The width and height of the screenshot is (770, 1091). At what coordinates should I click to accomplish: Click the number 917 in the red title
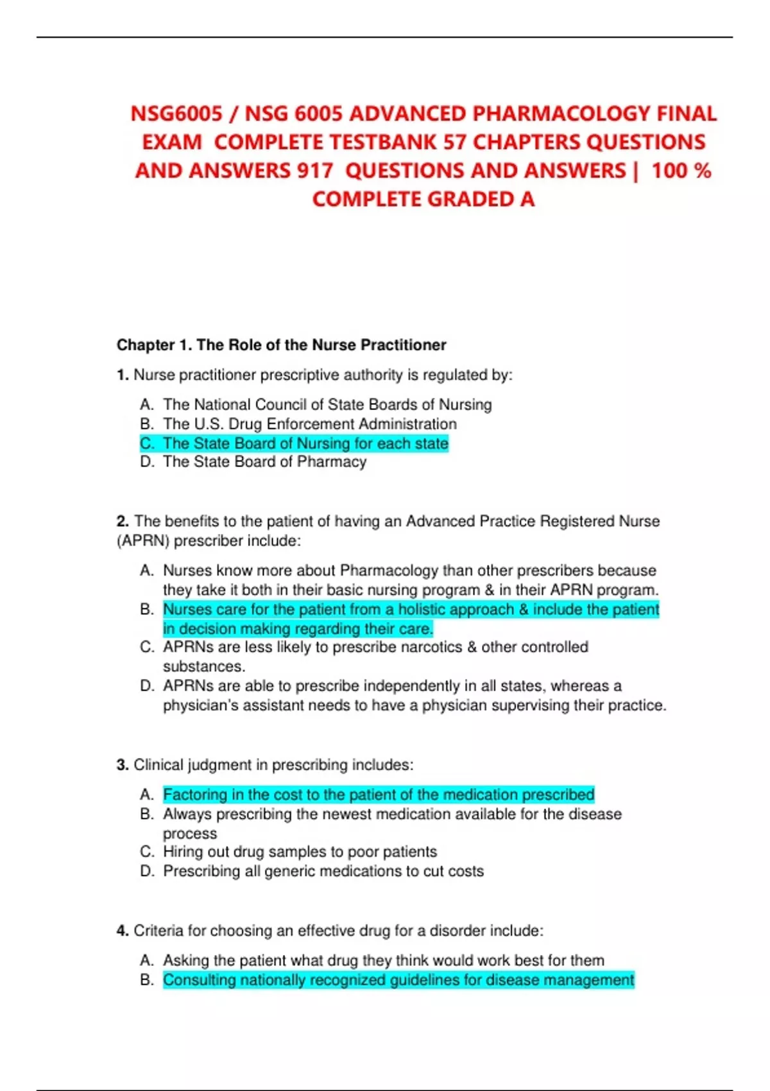tap(314, 171)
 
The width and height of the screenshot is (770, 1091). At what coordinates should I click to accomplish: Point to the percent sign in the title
tap(702, 171)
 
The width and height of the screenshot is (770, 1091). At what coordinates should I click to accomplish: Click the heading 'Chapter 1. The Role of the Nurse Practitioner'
tap(281, 345)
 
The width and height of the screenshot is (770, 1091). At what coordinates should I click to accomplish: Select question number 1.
tap(123, 375)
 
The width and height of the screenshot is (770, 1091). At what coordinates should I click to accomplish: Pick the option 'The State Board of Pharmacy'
tap(264, 462)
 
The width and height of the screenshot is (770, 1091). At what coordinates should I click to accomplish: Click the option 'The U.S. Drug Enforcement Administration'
tap(309, 424)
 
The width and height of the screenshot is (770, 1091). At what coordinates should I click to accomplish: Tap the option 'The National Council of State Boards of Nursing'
tap(327, 405)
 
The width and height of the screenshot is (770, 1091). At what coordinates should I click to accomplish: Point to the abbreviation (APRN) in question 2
tap(143, 541)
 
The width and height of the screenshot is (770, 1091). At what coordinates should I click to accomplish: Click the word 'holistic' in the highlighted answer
tap(425, 609)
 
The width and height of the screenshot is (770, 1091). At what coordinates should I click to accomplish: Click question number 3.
tap(123, 765)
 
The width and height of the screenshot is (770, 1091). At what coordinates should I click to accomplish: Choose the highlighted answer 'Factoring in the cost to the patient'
tap(379, 795)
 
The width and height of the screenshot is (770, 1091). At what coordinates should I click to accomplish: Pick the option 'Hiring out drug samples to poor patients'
tap(300, 852)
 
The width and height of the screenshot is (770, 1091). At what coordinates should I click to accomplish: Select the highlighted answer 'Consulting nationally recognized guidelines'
tap(398, 980)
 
